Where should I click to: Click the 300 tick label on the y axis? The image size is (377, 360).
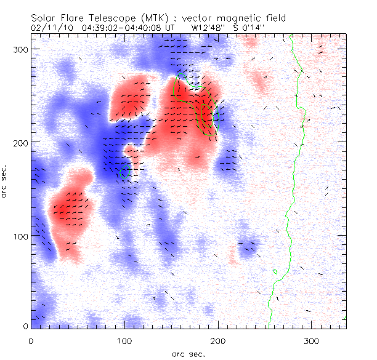21,49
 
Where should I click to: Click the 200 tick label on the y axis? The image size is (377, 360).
21,142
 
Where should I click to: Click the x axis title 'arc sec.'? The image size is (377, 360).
188,353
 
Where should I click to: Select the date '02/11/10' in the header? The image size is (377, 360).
49,28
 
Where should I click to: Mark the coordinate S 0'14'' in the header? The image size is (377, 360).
253,28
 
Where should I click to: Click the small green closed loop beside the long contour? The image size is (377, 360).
275,271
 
